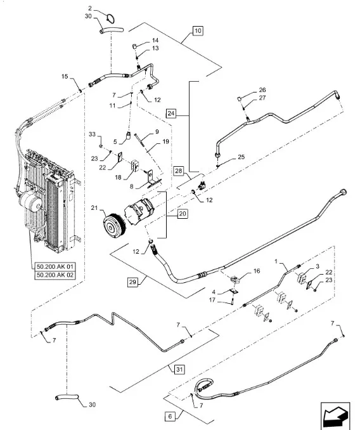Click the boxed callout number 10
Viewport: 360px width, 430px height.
198,30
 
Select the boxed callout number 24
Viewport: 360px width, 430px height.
171,114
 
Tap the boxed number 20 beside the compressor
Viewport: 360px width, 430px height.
183,214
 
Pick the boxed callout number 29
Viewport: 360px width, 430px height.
132,282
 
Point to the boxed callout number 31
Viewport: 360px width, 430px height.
179,369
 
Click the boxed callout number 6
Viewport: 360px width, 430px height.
170,416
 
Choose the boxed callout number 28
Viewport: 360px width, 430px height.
178,171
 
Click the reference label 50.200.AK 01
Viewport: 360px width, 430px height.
55,266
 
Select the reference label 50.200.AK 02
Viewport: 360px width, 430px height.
55,275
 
